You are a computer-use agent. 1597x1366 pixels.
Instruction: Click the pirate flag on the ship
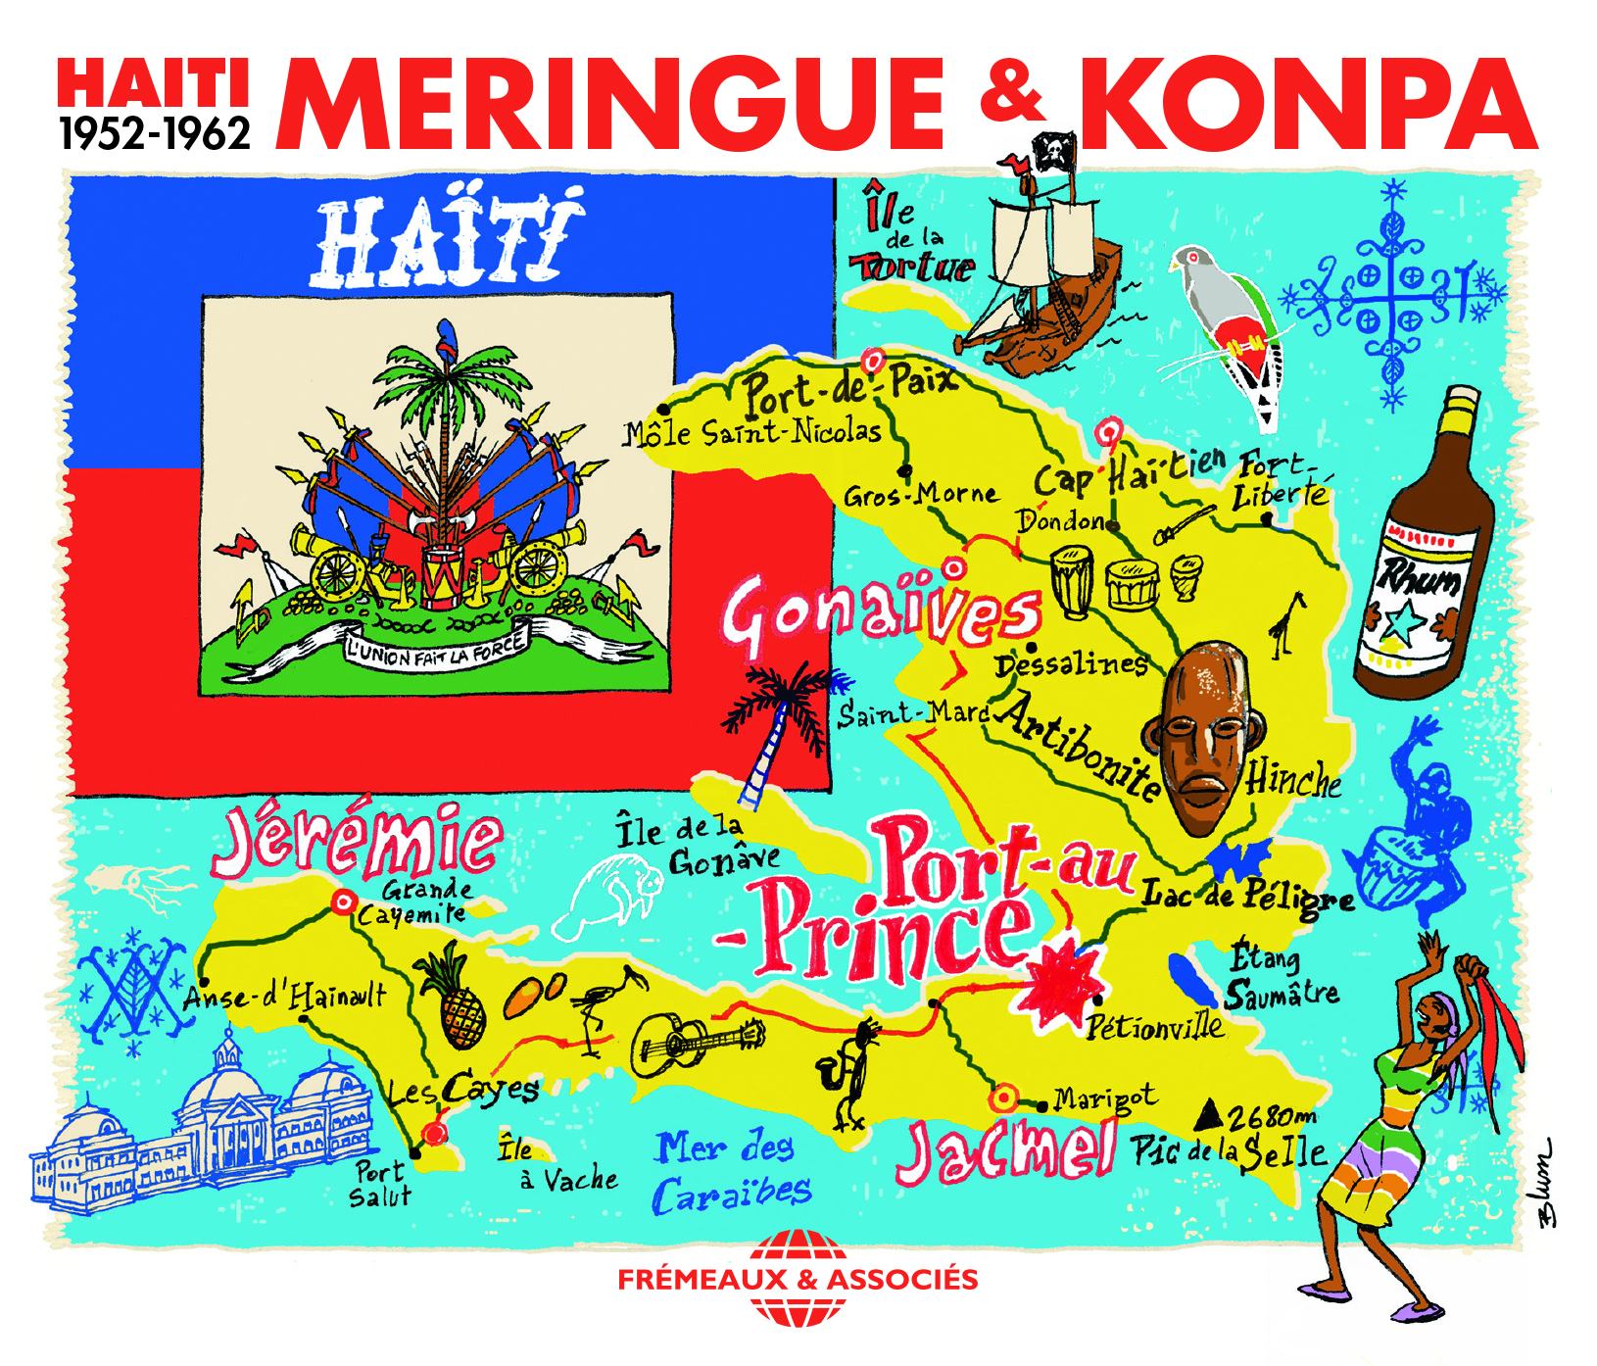1052,151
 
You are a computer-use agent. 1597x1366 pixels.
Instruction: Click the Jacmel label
1006,1150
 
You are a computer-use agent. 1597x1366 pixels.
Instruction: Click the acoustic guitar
696,1041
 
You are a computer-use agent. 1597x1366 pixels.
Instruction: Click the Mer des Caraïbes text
730,1172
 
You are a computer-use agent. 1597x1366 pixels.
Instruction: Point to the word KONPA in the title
1308,103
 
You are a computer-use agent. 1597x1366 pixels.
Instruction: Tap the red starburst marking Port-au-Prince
1060,981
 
